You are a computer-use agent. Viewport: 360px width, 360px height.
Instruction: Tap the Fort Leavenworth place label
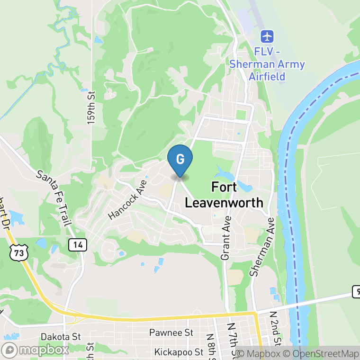[224, 195]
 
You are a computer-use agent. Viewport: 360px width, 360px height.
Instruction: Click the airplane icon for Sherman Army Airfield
[268, 36]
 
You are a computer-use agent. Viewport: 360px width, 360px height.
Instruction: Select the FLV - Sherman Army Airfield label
[267, 64]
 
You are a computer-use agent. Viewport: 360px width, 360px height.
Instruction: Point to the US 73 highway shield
[18, 252]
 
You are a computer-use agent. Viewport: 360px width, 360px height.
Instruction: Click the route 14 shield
[78, 244]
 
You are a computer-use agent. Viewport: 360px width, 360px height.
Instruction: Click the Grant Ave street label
[226, 238]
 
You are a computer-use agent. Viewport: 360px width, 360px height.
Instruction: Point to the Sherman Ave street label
[262, 247]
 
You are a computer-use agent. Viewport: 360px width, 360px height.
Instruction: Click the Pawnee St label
[171, 333]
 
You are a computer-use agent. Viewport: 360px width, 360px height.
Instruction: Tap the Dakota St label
[61, 337]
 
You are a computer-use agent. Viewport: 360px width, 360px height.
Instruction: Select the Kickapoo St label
[179, 352]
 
